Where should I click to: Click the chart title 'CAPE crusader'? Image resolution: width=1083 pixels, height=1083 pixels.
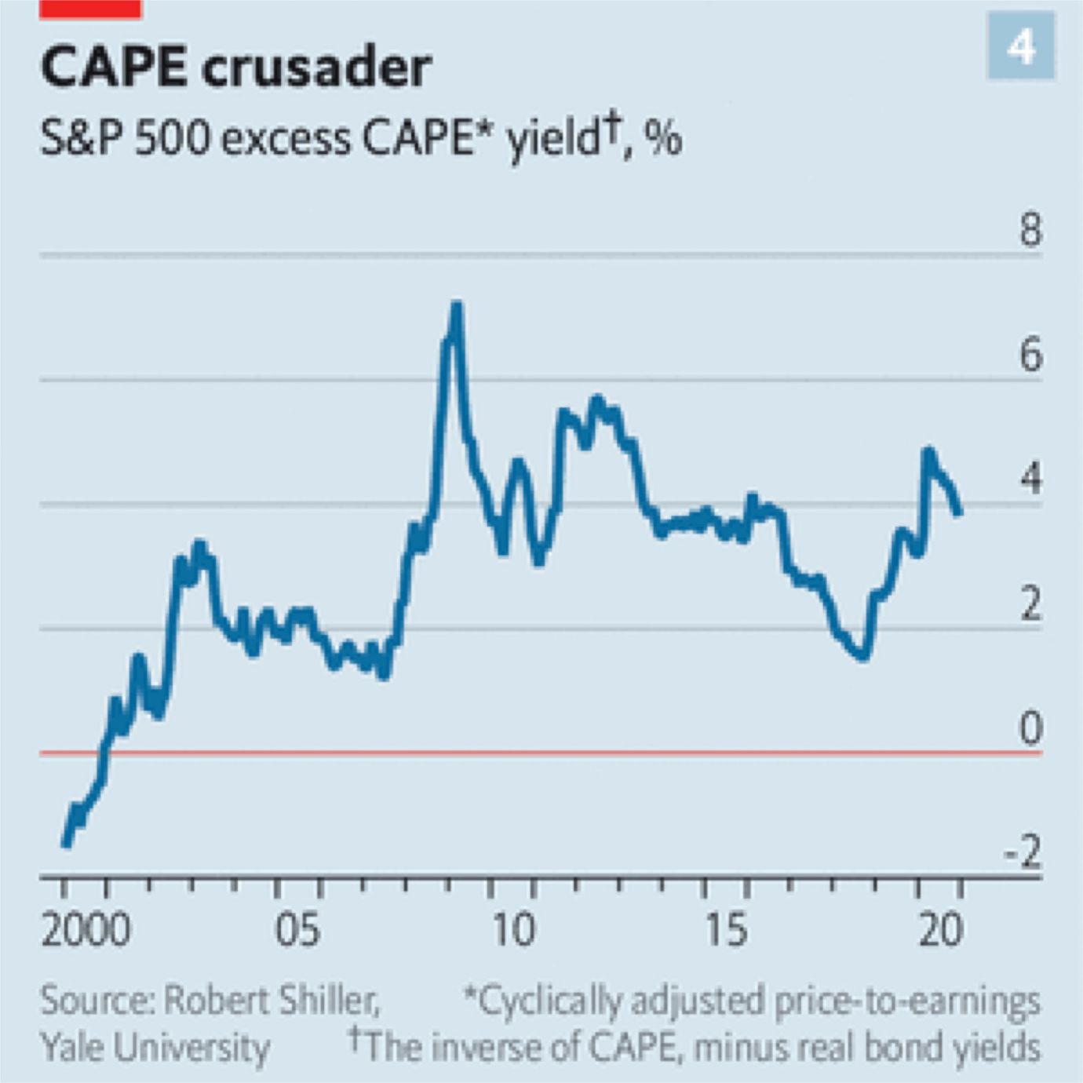[x=235, y=67]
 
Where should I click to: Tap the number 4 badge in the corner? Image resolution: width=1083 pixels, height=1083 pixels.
[x=1020, y=46]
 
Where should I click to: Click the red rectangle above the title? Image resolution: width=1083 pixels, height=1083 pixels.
[x=90, y=9]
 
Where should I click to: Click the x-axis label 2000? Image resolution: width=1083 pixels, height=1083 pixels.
[x=86, y=930]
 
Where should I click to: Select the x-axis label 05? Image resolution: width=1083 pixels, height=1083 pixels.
[x=297, y=930]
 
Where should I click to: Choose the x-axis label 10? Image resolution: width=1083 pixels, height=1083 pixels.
[x=513, y=930]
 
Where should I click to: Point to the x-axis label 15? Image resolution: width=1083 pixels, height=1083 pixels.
[x=726, y=930]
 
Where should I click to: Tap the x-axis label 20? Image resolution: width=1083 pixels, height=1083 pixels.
[x=940, y=930]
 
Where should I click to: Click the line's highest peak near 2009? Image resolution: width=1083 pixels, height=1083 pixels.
[x=456, y=306]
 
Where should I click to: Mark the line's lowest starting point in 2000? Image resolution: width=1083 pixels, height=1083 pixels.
[x=66, y=844]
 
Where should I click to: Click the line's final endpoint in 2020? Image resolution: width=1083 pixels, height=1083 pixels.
[x=958, y=512]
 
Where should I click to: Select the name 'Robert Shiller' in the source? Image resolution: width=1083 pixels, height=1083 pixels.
[x=271, y=1001]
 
